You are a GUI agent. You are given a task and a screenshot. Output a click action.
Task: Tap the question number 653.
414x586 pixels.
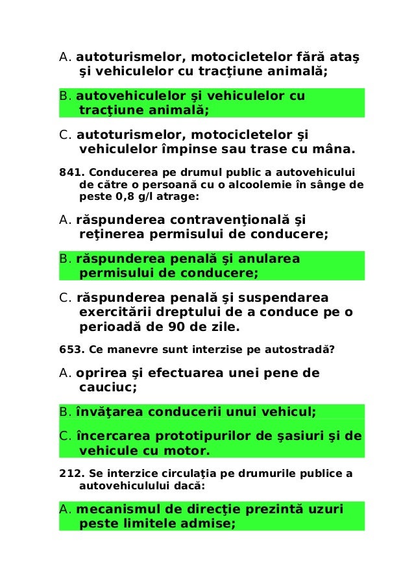[x=69, y=351]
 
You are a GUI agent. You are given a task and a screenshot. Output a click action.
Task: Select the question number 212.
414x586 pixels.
[x=69, y=473]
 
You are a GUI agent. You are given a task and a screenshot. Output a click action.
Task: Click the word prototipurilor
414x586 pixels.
[x=205, y=436]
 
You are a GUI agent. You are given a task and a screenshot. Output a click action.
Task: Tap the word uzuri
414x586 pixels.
[x=323, y=509]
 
